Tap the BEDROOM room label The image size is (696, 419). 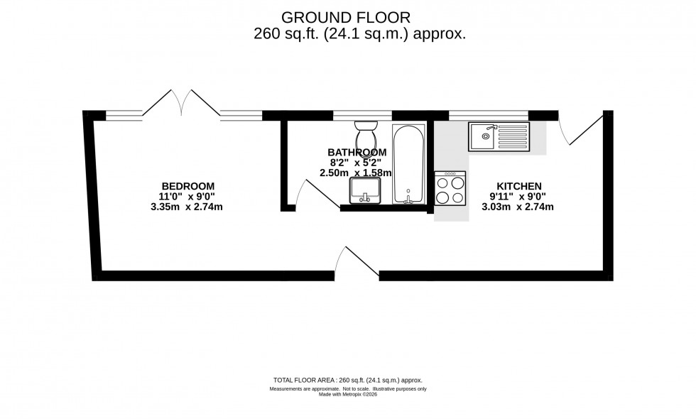[x=187, y=186]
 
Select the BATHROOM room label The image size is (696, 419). [x=357, y=152]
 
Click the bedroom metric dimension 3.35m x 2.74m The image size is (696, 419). [x=187, y=207]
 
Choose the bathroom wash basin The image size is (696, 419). [x=366, y=190]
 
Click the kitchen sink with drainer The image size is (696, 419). [x=499, y=136]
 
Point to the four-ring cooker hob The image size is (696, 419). [x=450, y=189]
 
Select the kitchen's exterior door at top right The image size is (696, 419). [x=578, y=129]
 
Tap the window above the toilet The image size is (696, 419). [x=362, y=114]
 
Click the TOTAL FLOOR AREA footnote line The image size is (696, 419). [x=347, y=381]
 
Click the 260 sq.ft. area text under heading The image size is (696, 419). [x=359, y=34]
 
